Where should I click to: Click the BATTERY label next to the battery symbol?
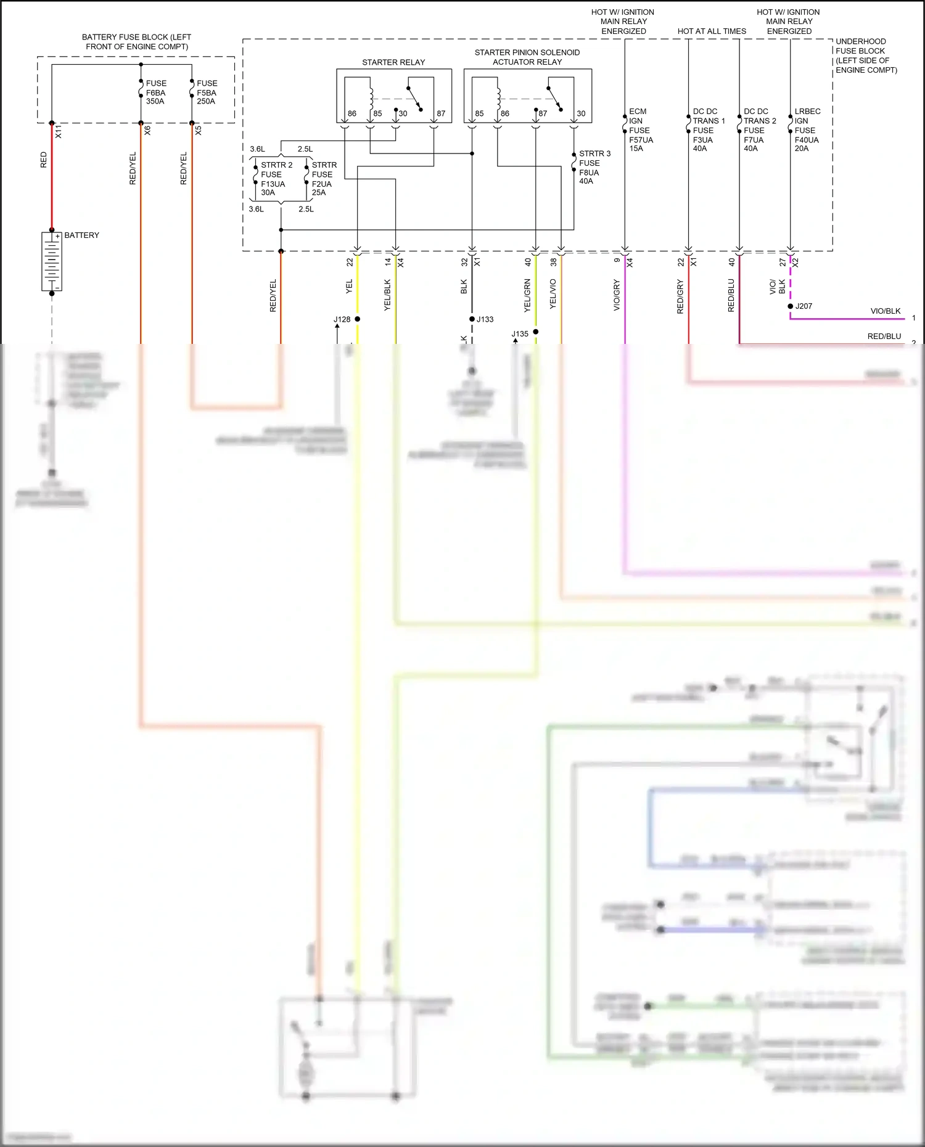pyautogui.click(x=81, y=235)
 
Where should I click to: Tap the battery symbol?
pyautogui.click(x=52, y=261)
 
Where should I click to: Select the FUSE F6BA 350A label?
pyautogui.click(x=155, y=92)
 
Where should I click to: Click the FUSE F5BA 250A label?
pyautogui.click(x=207, y=92)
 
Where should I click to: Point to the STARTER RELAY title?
pyautogui.click(x=393, y=62)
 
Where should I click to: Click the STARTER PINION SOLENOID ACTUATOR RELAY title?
pyautogui.click(x=527, y=57)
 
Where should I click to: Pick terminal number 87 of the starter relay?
pyautogui.click(x=440, y=113)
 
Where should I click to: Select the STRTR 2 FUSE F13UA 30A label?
pyautogui.click(x=275, y=179)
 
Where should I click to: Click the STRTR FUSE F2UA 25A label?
pyautogui.click(x=323, y=179)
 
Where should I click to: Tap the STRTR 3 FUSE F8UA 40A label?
pyautogui.click(x=593, y=167)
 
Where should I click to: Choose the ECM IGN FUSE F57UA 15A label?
pyautogui.click(x=640, y=130)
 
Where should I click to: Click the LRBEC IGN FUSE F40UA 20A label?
pyautogui.click(x=807, y=130)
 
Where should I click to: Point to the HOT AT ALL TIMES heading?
pyautogui.click(x=712, y=31)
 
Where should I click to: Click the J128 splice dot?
pyautogui.click(x=358, y=319)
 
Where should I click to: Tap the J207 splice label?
pyautogui.click(x=804, y=306)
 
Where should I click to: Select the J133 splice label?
pyautogui.click(x=485, y=319)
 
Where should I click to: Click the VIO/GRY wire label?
pyautogui.click(x=616, y=295)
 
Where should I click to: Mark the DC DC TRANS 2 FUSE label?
pyautogui.click(x=758, y=130)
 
